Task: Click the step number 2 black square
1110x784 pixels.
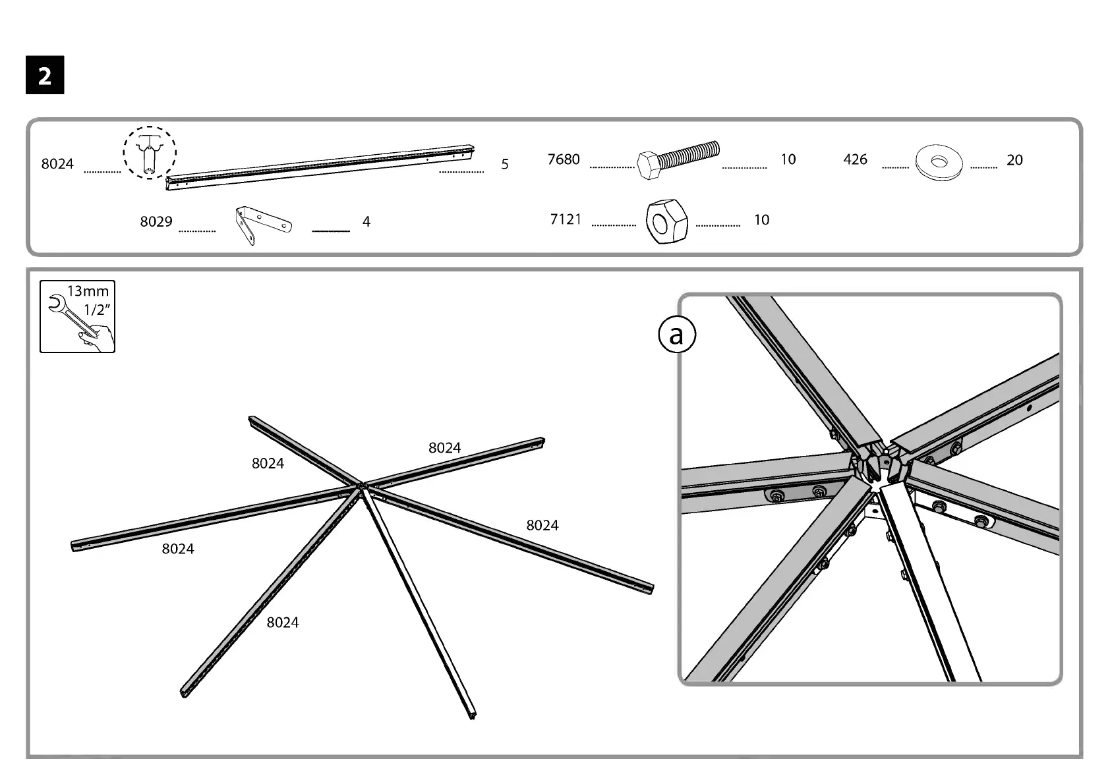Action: click(45, 76)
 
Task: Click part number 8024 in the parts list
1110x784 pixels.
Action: click(57, 164)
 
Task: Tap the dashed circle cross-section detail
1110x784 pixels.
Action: click(150, 152)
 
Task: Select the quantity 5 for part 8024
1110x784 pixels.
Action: click(505, 164)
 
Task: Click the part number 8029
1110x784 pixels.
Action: click(156, 222)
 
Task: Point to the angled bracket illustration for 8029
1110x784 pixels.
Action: click(262, 225)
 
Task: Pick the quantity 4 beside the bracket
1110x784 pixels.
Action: click(366, 222)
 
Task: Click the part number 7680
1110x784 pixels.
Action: click(564, 159)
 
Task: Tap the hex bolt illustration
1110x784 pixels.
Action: click(678, 161)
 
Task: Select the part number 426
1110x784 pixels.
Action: click(855, 159)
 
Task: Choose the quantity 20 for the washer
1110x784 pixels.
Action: click(1014, 160)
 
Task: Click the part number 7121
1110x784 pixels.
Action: click(566, 219)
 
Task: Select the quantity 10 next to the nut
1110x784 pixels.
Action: click(761, 220)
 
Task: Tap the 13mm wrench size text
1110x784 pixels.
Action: click(88, 291)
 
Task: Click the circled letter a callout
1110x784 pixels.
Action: click(677, 335)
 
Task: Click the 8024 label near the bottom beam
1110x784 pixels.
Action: click(283, 623)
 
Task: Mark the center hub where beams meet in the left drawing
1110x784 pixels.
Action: click(361, 487)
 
